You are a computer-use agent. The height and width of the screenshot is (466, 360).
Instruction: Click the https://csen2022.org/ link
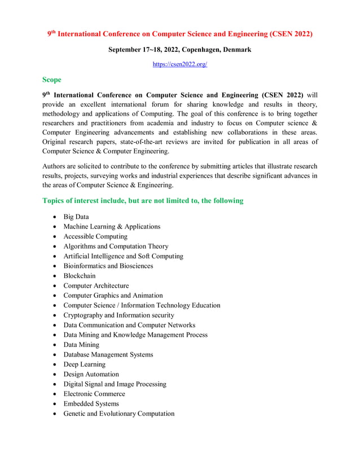coord(180,64)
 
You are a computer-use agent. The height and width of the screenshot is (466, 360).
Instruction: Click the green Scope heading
coord(52,80)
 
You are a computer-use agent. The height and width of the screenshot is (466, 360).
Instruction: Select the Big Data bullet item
coord(76,217)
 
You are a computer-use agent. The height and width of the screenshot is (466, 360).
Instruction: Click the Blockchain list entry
coord(79,276)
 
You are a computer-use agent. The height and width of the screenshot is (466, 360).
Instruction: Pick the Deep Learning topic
coord(84,364)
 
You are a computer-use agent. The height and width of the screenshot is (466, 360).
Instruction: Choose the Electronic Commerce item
coord(94,394)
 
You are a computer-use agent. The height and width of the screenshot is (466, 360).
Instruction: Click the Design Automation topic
coord(91,374)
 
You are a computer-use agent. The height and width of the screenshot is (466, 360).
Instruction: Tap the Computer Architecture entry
coord(96,285)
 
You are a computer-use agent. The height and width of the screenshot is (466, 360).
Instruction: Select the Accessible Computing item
coord(95,236)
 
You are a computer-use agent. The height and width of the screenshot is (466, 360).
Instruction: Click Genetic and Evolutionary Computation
coord(118,414)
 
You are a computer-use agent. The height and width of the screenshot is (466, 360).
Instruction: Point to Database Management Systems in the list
coord(108,354)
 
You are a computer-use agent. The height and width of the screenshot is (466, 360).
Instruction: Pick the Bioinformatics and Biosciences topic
coord(108,266)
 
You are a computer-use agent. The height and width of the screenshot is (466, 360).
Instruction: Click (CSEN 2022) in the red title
coord(285,34)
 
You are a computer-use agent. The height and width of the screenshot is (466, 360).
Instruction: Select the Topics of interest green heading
coord(143,200)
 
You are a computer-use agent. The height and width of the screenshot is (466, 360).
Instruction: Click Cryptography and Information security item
coord(118,315)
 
